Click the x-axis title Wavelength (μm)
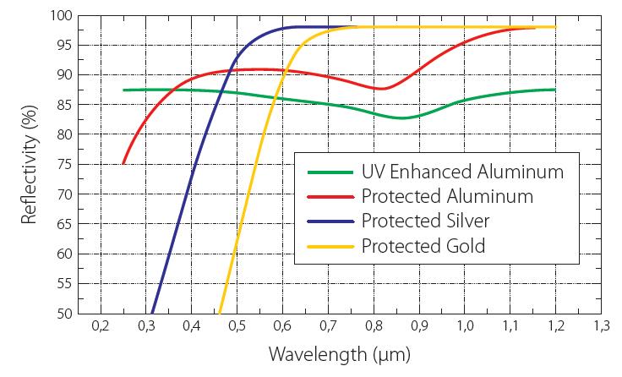341,353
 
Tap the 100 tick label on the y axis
61,15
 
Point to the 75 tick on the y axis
64,164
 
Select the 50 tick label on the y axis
64,313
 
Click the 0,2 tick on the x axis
100,325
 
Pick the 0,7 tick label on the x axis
328,325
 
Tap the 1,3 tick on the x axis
602,325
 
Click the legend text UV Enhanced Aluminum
461,172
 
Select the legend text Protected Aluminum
446,197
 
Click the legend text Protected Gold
423,246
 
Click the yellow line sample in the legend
330,247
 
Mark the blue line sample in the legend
330,222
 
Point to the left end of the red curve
123,163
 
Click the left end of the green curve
123,90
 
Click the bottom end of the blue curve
152,312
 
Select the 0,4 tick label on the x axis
191,325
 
